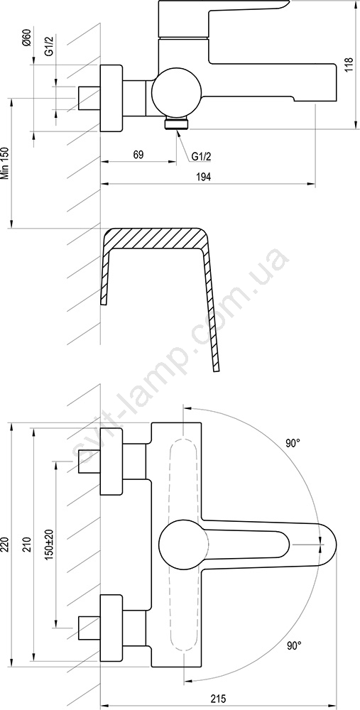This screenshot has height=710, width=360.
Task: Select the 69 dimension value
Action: [x=138, y=154]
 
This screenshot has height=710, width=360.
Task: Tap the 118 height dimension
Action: [x=348, y=65]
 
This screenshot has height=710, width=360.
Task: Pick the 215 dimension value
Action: [x=218, y=697]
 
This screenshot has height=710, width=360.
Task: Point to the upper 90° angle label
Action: [x=293, y=443]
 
